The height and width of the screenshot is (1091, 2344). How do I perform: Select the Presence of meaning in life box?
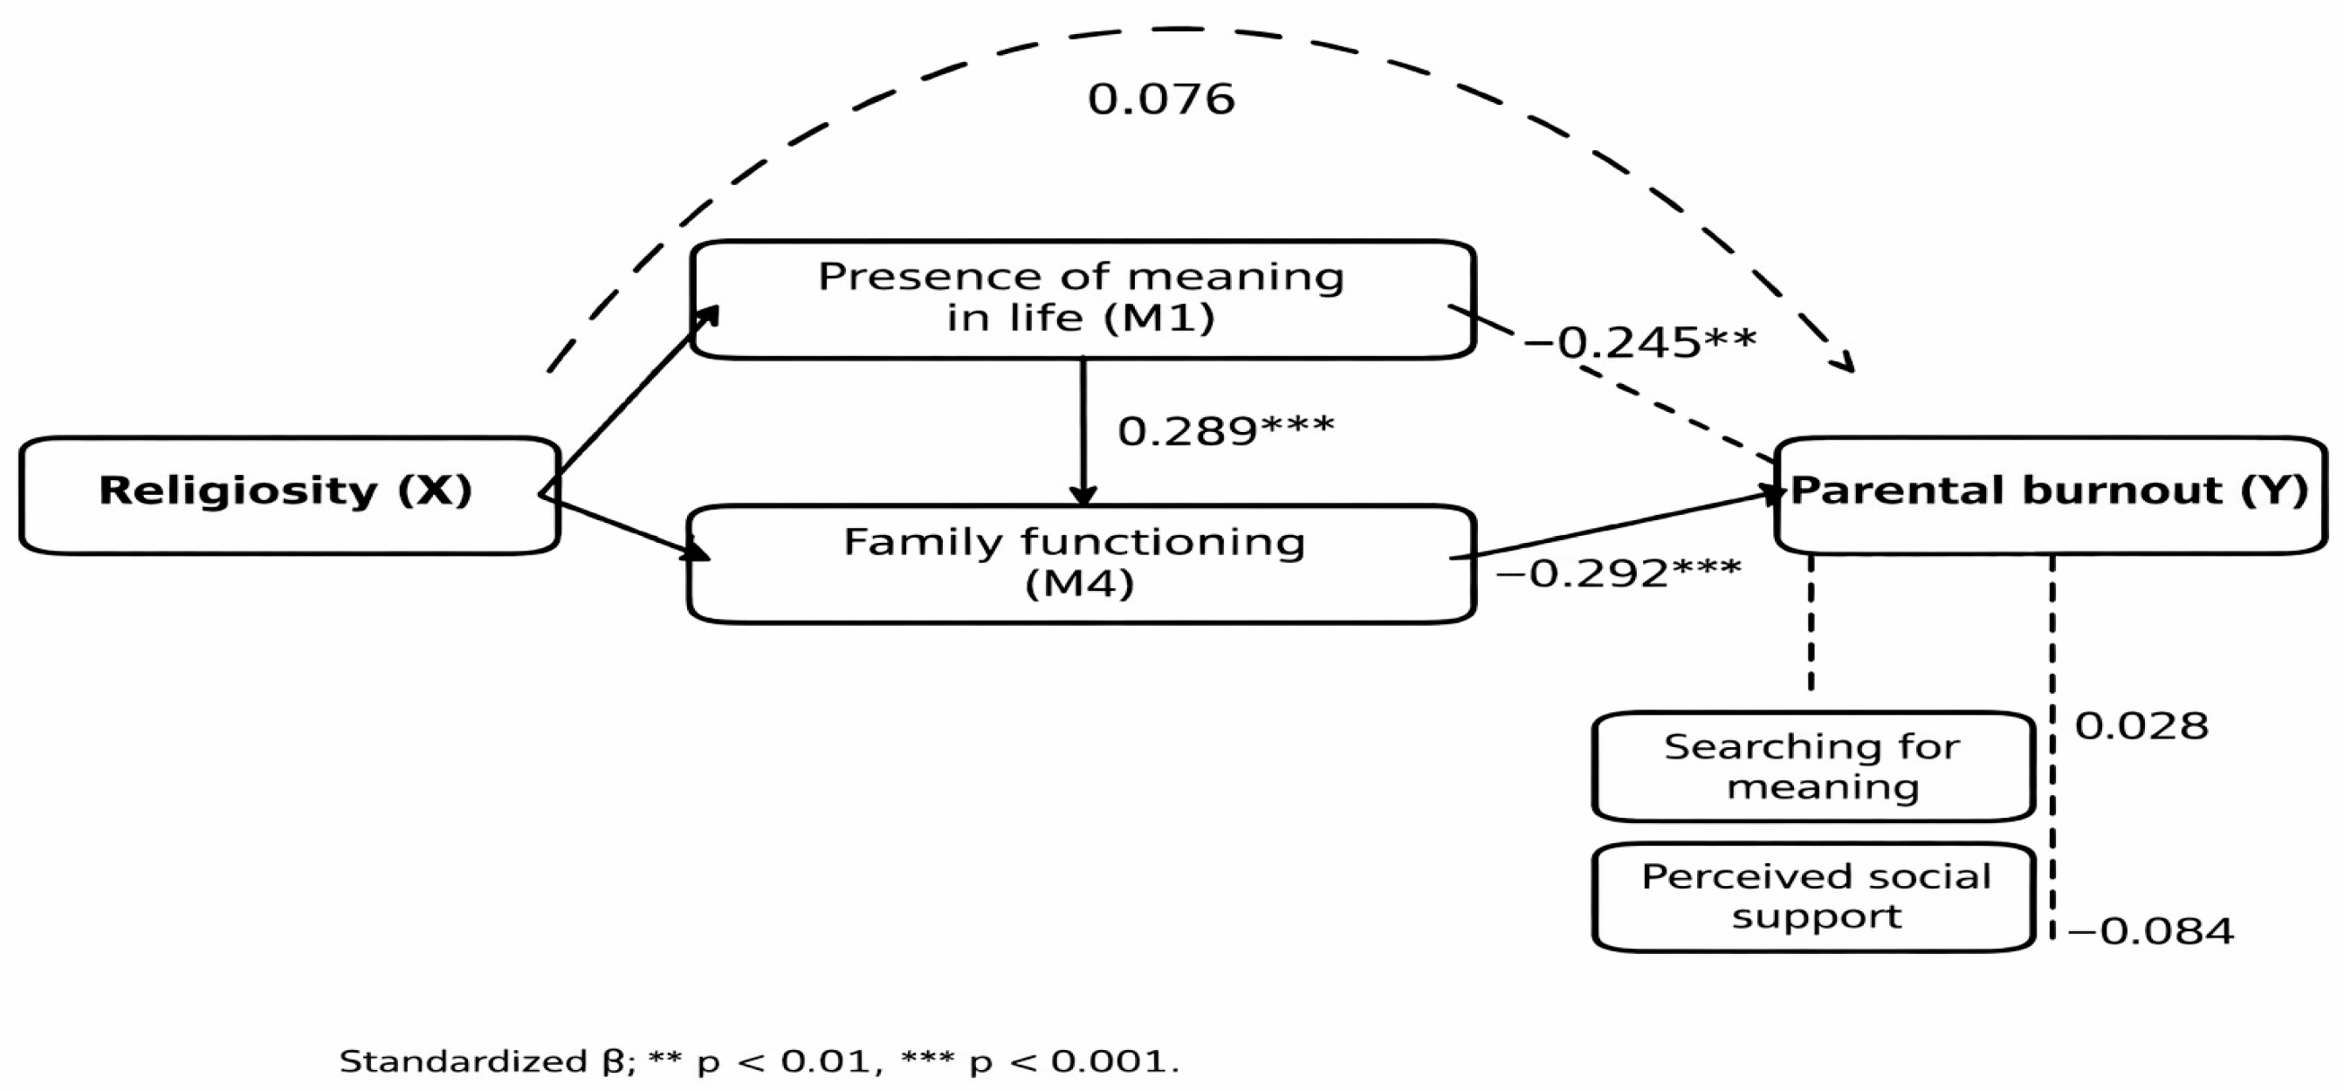click(1081, 298)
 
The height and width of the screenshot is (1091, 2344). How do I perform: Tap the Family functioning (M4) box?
click(1081, 562)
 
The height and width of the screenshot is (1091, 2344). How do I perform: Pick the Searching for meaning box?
click(1812, 766)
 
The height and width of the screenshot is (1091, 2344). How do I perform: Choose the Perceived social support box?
click(1812, 897)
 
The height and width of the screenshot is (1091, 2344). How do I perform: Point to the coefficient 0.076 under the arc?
click(1161, 100)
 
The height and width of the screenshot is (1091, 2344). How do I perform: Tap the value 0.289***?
click(1225, 430)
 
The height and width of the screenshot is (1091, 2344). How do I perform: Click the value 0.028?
click(2141, 726)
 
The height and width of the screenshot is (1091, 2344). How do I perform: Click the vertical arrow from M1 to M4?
click(1083, 428)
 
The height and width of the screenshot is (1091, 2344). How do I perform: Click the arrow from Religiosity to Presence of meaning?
click(632, 396)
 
